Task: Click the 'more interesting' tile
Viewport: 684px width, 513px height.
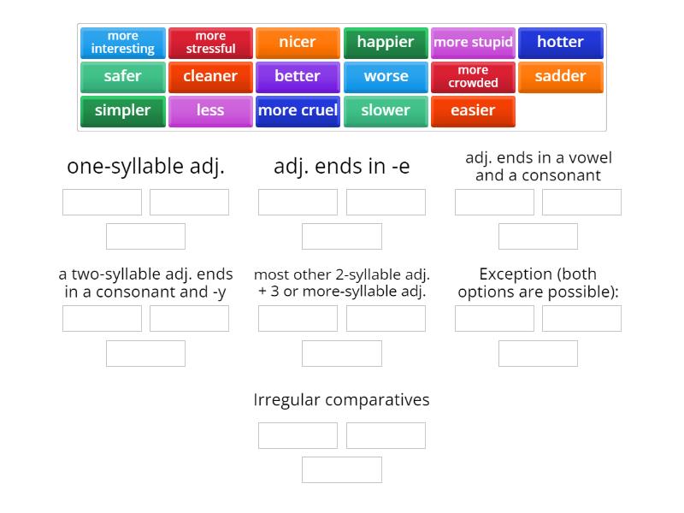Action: (122, 43)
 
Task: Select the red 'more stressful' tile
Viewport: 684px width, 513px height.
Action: (210, 43)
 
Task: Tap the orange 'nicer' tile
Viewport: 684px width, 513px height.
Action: (298, 43)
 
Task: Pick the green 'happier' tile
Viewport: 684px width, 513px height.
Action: (386, 43)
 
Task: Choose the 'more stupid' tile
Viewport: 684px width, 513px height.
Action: (473, 43)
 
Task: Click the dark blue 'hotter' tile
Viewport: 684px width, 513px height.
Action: (560, 43)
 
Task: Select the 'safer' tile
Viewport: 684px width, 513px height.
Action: (122, 77)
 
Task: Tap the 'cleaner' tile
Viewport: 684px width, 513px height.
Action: (210, 77)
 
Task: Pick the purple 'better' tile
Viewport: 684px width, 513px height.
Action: (298, 77)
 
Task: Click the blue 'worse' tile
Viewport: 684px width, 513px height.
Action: (386, 77)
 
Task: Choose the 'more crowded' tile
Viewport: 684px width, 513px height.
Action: (473, 77)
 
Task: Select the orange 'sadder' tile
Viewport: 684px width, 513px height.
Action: (560, 77)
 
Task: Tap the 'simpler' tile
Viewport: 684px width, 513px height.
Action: (122, 111)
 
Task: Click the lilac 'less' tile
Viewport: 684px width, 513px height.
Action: (210, 111)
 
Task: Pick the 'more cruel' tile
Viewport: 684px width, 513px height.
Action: (298, 111)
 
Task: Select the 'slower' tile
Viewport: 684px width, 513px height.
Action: (386, 111)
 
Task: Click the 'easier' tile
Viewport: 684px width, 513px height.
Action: (473, 111)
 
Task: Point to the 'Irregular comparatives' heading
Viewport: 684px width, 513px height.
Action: (341, 399)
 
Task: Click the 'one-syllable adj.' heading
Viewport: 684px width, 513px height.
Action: (145, 167)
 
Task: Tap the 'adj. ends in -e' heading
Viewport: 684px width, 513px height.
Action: (341, 167)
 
